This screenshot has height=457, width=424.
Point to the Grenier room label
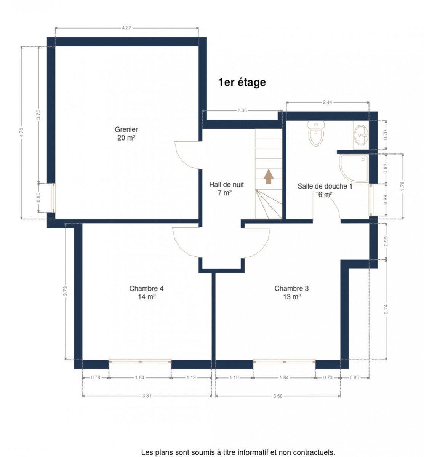pyautogui.click(x=126, y=133)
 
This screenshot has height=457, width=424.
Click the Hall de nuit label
pyautogui.click(x=226, y=189)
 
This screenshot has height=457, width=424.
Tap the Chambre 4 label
pyautogui.click(x=146, y=292)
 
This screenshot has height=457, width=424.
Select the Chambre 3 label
pyautogui.click(x=291, y=292)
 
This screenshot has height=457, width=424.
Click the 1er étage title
pyautogui.click(x=242, y=82)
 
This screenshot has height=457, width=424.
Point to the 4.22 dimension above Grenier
pyautogui.click(x=126, y=28)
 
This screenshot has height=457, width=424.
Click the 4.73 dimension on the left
pyautogui.click(x=21, y=132)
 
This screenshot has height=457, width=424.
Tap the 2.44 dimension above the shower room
pyautogui.click(x=327, y=102)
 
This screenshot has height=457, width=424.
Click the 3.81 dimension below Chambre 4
pyautogui.click(x=146, y=396)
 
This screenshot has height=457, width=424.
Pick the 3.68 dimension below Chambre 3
pyautogui.click(x=277, y=396)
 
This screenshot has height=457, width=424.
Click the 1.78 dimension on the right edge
pyautogui.click(x=402, y=186)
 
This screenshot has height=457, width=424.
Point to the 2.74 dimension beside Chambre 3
pyautogui.click(x=386, y=309)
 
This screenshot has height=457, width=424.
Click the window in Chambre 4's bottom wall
pyautogui.click(x=139, y=362)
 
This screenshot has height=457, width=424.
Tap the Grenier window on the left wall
pyautogui.click(x=53, y=197)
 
